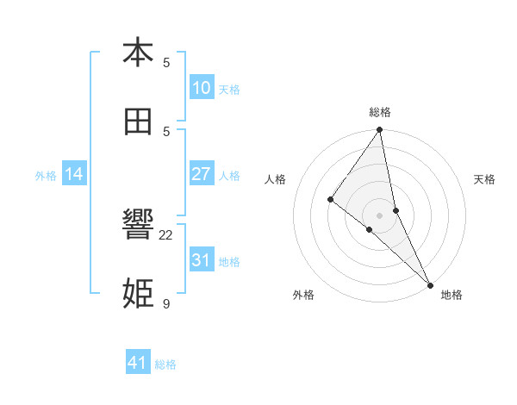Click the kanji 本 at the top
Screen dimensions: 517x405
138,53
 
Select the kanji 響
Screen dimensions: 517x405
138,226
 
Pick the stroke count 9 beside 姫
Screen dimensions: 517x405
166,303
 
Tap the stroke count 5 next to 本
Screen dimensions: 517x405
166,62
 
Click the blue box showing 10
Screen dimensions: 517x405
201,88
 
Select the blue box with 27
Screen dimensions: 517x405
201,174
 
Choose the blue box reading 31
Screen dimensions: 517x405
201,259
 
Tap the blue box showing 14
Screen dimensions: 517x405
74,174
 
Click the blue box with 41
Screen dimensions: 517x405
138,363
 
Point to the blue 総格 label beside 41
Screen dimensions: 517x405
165,364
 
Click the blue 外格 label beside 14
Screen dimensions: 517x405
46,175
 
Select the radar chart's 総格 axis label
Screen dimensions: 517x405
380,112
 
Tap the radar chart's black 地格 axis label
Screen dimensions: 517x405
452,295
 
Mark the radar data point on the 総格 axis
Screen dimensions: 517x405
379,131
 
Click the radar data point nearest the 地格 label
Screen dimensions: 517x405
430,284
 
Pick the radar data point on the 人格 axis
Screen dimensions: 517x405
330,199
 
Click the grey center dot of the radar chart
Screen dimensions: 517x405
379,215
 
